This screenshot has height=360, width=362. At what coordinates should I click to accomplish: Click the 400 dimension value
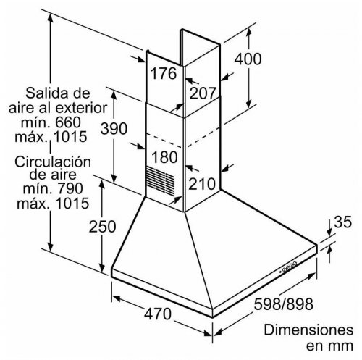pyautogui.click(x=248, y=59)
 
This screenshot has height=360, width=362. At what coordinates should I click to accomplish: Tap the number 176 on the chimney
pyautogui.click(x=164, y=73)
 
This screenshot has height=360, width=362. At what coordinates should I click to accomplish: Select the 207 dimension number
pyautogui.click(x=202, y=93)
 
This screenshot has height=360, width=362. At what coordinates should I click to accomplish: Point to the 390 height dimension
pyautogui.click(x=114, y=128)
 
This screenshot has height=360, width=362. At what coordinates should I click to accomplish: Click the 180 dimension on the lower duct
pyautogui.click(x=164, y=157)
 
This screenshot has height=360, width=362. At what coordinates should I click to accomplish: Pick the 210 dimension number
pyautogui.click(x=202, y=184)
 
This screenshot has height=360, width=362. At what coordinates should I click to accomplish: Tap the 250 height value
pyautogui.click(x=102, y=227)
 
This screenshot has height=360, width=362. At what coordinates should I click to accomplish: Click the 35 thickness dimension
pyautogui.click(x=342, y=222)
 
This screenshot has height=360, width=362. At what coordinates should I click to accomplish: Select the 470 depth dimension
pyautogui.click(x=157, y=314)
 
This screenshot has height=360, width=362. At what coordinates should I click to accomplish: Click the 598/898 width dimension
pyautogui.click(x=284, y=304)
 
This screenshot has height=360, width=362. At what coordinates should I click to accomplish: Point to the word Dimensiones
pyautogui.click(x=308, y=330)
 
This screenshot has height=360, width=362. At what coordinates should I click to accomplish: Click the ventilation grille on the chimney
pyautogui.click(x=161, y=180)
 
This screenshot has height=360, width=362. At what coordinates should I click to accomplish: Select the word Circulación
pyautogui.click(x=53, y=162)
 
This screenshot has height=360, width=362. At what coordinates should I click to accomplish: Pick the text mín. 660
pyautogui.click(x=51, y=122)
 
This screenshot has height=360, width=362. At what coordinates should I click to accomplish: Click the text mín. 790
pyautogui.click(x=53, y=188)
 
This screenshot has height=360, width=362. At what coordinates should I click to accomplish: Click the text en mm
pyautogui.click(x=329, y=346)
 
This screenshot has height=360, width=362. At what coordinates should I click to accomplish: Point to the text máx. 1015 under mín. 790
pyautogui.click(x=53, y=204)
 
